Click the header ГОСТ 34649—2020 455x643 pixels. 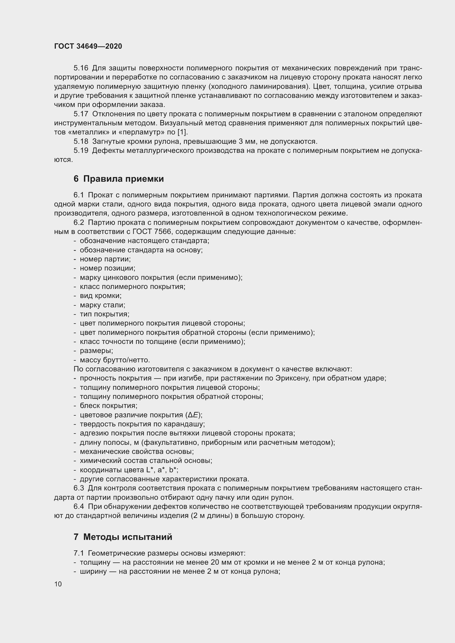point(88,46)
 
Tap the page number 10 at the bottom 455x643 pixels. point(58,584)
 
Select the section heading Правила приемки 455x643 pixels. point(123,179)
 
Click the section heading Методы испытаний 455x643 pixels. point(128,537)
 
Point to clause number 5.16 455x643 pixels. point(81,68)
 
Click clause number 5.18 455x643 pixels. point(81,141)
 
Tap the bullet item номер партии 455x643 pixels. point(105,259)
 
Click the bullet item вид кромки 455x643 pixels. point(101,296)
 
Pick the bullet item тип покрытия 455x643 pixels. point(105,314)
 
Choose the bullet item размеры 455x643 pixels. point(96,351)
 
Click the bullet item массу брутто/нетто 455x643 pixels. point(115,360)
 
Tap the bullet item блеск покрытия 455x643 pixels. point(108,406)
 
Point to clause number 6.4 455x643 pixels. point(79,507)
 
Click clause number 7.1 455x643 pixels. point(79,553)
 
